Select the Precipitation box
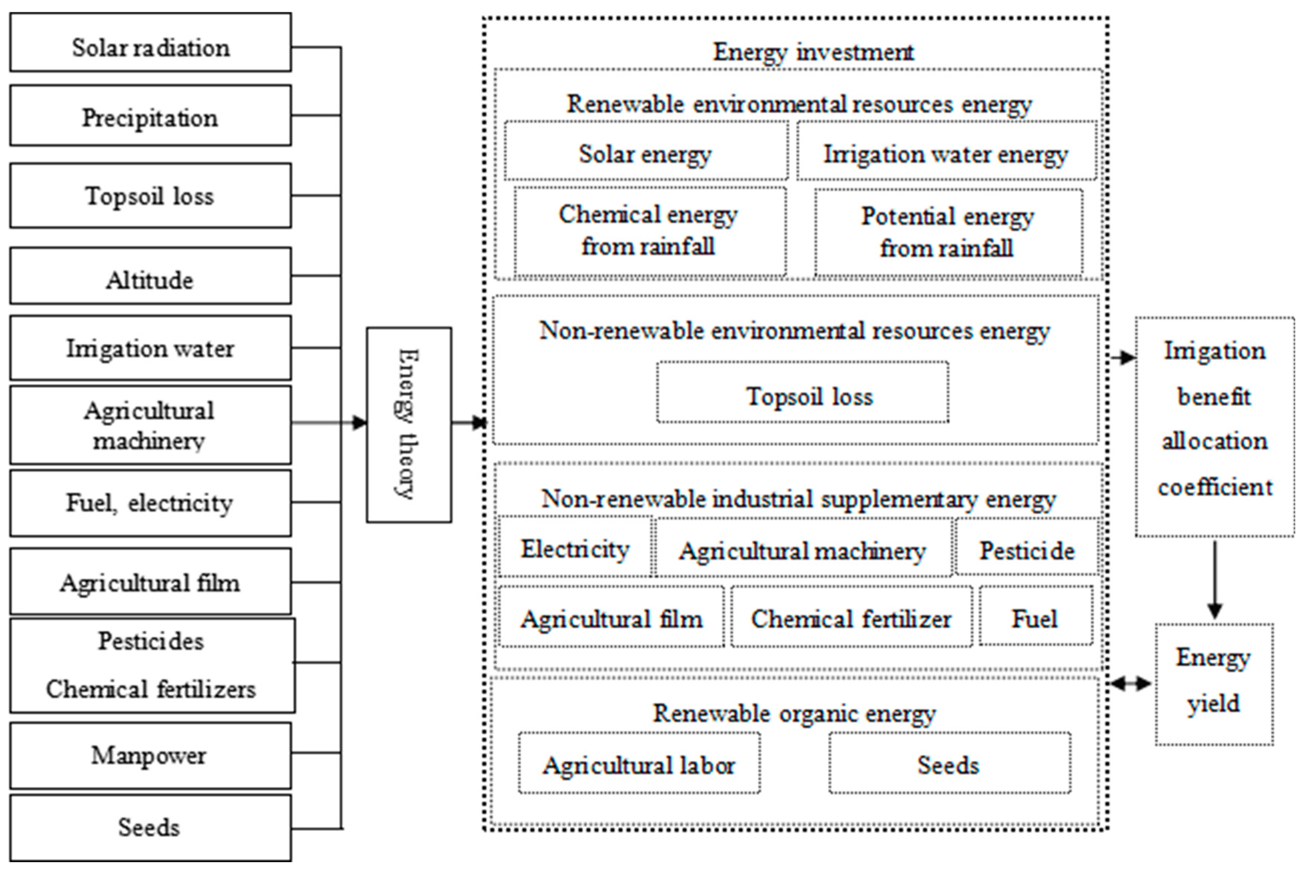[150, 116]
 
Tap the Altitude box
[150, 276]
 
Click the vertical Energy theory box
[409, 425]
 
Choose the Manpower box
[150, 755]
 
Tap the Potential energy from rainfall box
[948, 232]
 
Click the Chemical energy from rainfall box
[649, 231]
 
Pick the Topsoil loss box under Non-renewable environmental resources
[803, 393]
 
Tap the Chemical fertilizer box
[851, 617]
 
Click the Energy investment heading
[813, 52]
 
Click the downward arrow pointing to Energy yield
[1215, 580]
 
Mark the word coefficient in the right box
[1215, 487]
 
